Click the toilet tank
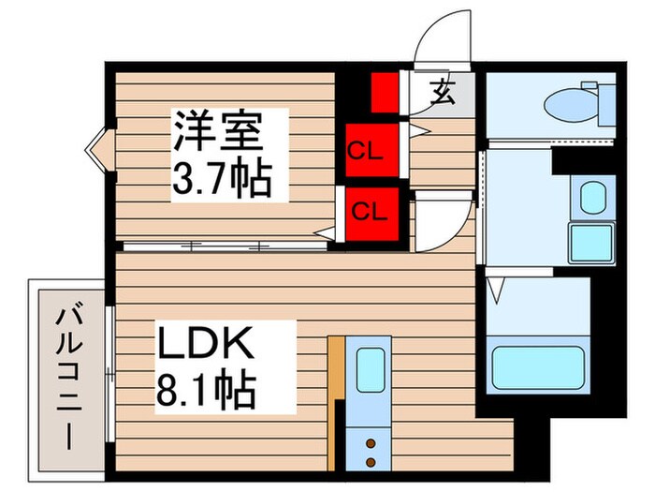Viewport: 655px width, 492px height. (604, 101)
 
